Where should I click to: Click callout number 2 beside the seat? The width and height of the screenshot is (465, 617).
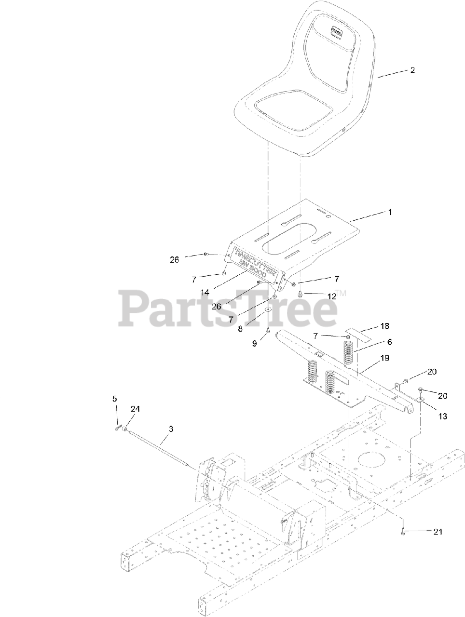(412, 70)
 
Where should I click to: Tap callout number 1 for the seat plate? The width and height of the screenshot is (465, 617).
(389, 212)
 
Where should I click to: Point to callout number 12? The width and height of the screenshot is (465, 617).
(332, 297)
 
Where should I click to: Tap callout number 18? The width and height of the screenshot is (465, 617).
(384, 326)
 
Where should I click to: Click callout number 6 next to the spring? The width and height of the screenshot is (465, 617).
(389, 342)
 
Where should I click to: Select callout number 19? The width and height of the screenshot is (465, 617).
(385, 358)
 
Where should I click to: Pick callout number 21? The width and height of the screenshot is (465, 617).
(438, 532)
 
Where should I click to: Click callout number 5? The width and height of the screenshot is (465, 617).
(114, 399)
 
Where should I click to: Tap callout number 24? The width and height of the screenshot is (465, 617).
(135, 409)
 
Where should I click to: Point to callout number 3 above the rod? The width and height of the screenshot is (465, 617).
(171, 428)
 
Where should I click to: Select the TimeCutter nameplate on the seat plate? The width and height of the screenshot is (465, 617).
(256, 264)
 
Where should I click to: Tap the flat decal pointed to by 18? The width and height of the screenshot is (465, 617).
(363, 333)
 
